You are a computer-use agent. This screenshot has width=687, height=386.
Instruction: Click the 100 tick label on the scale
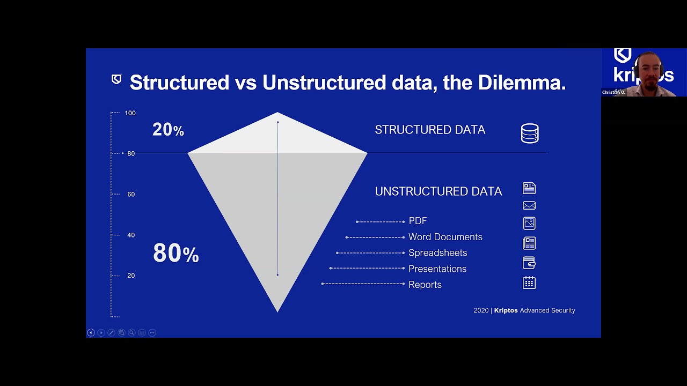(x=130, y=113)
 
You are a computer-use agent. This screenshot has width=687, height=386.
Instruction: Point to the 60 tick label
(x=131, y=194)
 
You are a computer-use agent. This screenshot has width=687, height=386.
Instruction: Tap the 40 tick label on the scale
(x=131, y=235)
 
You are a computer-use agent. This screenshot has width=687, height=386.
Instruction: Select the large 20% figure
(x=168, y=130)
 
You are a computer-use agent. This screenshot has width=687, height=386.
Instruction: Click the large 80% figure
(x=176, y=253)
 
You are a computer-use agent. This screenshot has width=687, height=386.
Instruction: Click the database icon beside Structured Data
(x=530, y=133)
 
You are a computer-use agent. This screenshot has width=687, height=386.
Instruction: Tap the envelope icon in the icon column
(x=529, y=205)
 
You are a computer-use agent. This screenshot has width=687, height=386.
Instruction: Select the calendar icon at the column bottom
(x=529, y=283)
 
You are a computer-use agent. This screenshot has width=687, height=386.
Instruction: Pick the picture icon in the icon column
(x=529, y=223)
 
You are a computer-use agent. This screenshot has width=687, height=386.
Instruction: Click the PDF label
(x=418, y=221)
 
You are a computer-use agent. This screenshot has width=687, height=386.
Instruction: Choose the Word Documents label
(x=445, y=237)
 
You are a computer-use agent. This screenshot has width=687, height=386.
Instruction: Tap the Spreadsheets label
(x=437, y=253)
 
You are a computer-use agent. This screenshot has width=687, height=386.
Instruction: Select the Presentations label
(x=437, y=269)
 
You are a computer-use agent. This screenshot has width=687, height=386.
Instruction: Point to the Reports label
(x=425, y=285)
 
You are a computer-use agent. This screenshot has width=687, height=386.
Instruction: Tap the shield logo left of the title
(x=116, y=80)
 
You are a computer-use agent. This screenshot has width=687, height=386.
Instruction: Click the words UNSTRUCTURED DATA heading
(x=438, y=191)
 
